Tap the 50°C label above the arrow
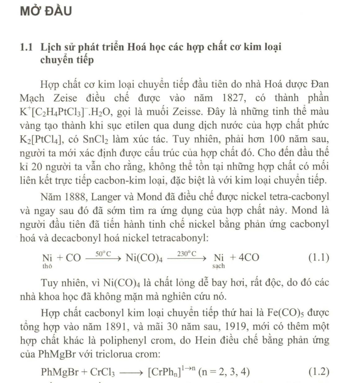click(x=102, y=252)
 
